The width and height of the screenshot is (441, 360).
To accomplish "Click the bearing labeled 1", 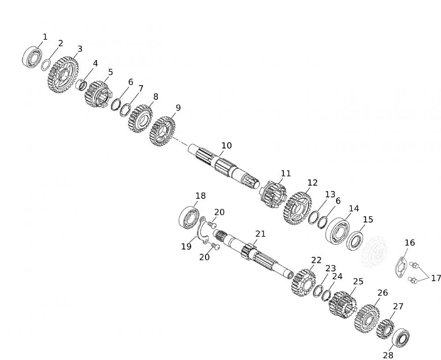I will click(x=32, y=57).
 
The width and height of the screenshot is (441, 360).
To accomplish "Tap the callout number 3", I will click(x=79, y=49).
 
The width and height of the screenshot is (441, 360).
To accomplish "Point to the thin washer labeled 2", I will click(x=45, y=65).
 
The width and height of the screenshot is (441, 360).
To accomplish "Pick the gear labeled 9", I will click(x=163, y=131).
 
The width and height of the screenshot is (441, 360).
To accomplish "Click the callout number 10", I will click(x=226, y=146).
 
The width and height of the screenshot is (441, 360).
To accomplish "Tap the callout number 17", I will click(x=436, y=278).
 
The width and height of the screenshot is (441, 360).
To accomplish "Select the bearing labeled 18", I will click(x=190, y=217).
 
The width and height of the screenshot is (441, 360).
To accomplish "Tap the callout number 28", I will click(x=388, y=355).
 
